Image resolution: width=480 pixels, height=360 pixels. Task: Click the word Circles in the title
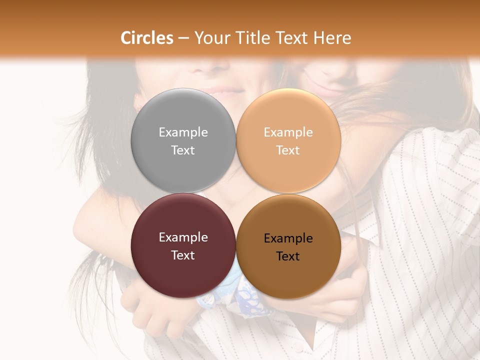pos(146,38)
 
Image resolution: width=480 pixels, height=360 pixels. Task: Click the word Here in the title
pos(333,38)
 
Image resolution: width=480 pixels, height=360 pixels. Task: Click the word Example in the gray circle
pos(183,132)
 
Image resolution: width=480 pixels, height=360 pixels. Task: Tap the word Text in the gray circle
pos(183,150)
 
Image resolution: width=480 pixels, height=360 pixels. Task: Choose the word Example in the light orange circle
pos(288,132)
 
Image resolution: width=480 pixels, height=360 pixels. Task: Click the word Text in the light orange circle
pos(288,150)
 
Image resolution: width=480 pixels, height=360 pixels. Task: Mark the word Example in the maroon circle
pos(183,237)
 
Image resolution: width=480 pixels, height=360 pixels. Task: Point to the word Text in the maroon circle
pos(183,255)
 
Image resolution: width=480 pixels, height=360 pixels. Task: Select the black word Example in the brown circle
pos(288,238)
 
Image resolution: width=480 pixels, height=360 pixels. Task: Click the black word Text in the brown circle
pos(288,256)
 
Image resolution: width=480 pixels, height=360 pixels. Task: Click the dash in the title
pos(183,38)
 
